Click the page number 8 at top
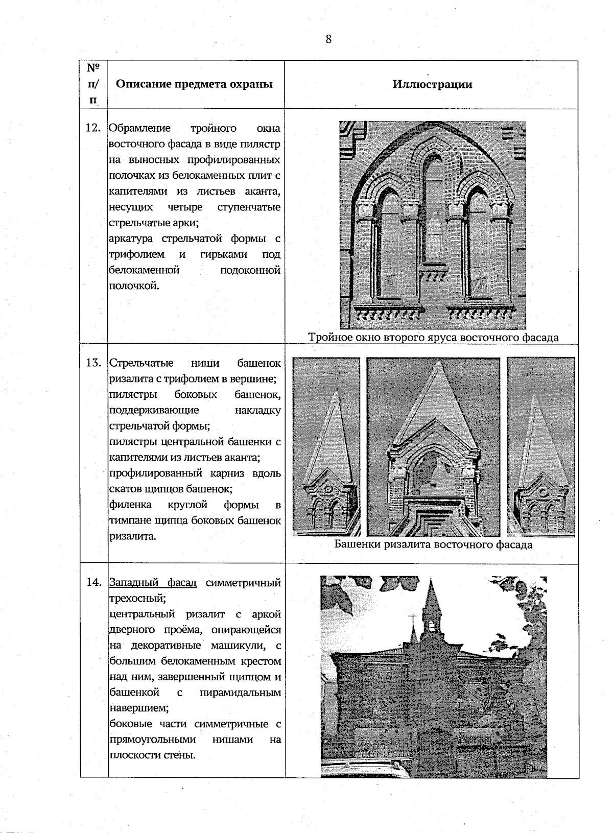pyautogui.click(x=328, y=39)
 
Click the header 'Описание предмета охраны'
pyautogui.click(x=194, y=84)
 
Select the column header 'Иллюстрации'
pyautogui.click(x=432, y=84)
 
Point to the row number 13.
pyautogui.click(x=92, y=363)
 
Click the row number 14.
pyautogui.click(x=92, y=582)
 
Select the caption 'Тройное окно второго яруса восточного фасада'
pyautogui.click(x=433, y=337)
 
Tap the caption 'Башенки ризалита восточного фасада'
pyautogui.click(x=433, y=544)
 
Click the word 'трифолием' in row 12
pyautogui.click(x=137, y=254)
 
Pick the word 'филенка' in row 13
pyautogui.click(x=130, y=505)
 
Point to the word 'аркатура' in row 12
pyautogui.click(x=132, y=239)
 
